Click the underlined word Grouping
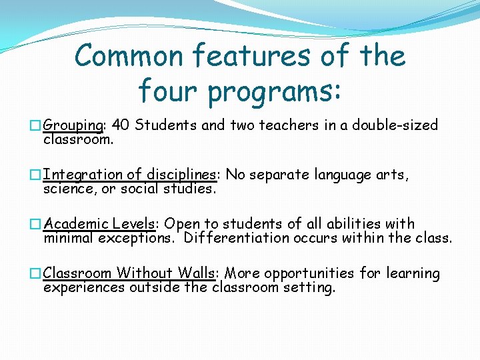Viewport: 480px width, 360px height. click(x=73, y=126)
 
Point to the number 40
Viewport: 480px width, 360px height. click(x=121, y=125)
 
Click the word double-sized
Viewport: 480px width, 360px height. click(x=395, y=125)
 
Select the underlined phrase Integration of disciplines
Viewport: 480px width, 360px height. click(x=130, y=175)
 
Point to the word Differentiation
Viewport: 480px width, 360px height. click(x=241, y=238)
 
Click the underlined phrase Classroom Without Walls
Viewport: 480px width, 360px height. click(x=129, y=273)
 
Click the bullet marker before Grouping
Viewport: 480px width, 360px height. click(x=35, y=126)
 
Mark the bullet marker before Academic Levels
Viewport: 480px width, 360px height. click(x=35, y=224)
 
